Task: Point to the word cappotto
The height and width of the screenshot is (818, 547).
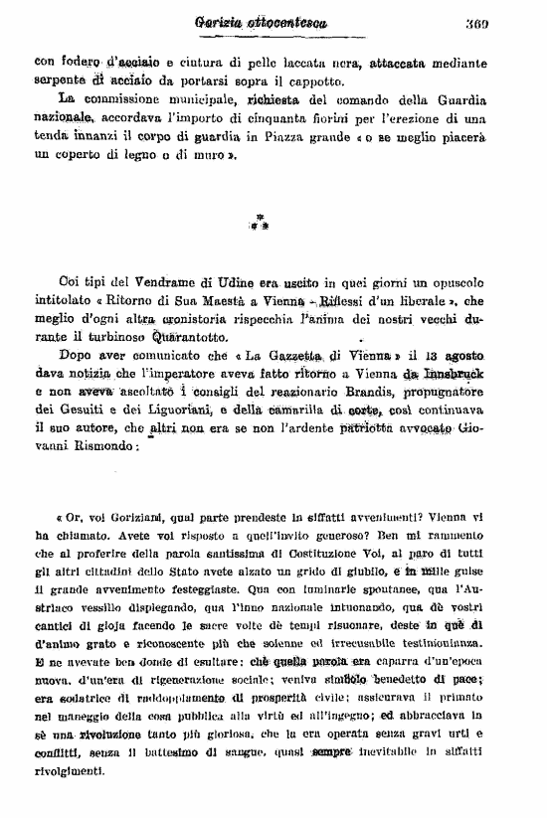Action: tap(320, 81)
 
